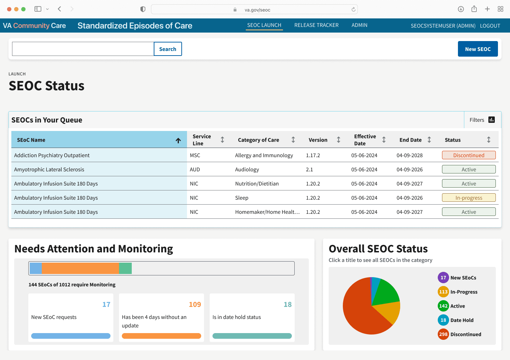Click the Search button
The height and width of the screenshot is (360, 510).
(168, 49)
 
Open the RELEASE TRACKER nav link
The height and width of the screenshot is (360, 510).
(316, 25)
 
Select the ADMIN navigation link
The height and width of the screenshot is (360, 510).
(359, 25)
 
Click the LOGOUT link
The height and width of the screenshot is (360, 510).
(490, 26)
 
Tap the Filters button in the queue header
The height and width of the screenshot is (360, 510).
(482, 120)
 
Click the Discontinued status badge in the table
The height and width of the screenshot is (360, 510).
(469, 155)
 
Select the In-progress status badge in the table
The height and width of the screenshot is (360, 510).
(469, 198)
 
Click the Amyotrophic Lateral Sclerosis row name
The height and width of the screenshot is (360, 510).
(49, 170)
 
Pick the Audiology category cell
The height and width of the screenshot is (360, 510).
(247, 170)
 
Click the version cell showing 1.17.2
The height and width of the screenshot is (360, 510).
(313, 155)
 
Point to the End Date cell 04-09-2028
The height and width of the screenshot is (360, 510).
(409, 155)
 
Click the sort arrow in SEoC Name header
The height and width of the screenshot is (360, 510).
(178, 141)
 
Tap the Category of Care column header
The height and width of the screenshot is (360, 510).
(259, 140)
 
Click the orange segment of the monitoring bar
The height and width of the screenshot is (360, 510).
(80, 268)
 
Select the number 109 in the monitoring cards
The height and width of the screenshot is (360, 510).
(195, 304)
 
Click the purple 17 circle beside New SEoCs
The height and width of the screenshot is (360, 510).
(443, 278)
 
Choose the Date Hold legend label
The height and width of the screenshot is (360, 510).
(462, 320)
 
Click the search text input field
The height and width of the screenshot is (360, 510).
(83, 49)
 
